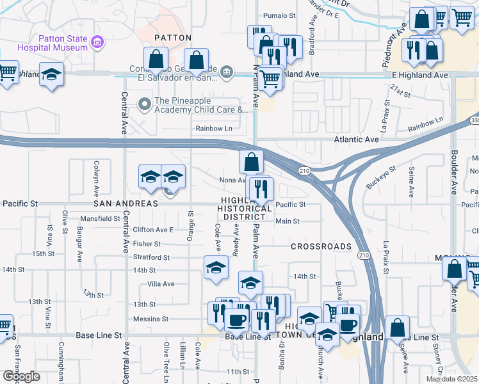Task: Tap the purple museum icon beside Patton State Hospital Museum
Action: coord(97,43)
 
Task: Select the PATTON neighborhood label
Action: coord(173,38)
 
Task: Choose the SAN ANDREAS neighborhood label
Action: coord(126,204)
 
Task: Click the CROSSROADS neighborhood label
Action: coord(321,246)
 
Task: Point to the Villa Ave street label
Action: coord(161,284)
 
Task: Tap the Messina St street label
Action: coord(150,319)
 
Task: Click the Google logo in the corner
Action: coord(20,376)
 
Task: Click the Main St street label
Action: coord(287,221)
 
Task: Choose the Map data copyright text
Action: coord(451,379)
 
